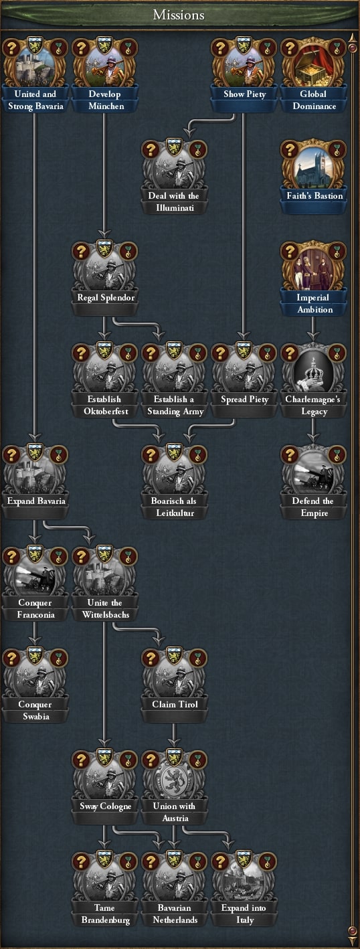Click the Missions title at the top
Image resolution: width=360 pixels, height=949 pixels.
coord(179,15)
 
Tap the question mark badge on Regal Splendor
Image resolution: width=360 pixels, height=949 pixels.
coord(81,251)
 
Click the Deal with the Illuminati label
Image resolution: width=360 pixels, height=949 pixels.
coord(174,201)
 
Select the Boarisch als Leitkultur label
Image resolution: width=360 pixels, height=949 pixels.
coord(174,507)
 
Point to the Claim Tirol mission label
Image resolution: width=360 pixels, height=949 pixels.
coord(175,704)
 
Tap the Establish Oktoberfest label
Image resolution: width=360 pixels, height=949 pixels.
coord(105,405)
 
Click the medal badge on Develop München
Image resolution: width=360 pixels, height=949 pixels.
coord(128,48)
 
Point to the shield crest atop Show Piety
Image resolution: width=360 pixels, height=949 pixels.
coord(244,44)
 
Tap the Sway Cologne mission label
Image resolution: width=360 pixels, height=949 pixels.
coord(106,806)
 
